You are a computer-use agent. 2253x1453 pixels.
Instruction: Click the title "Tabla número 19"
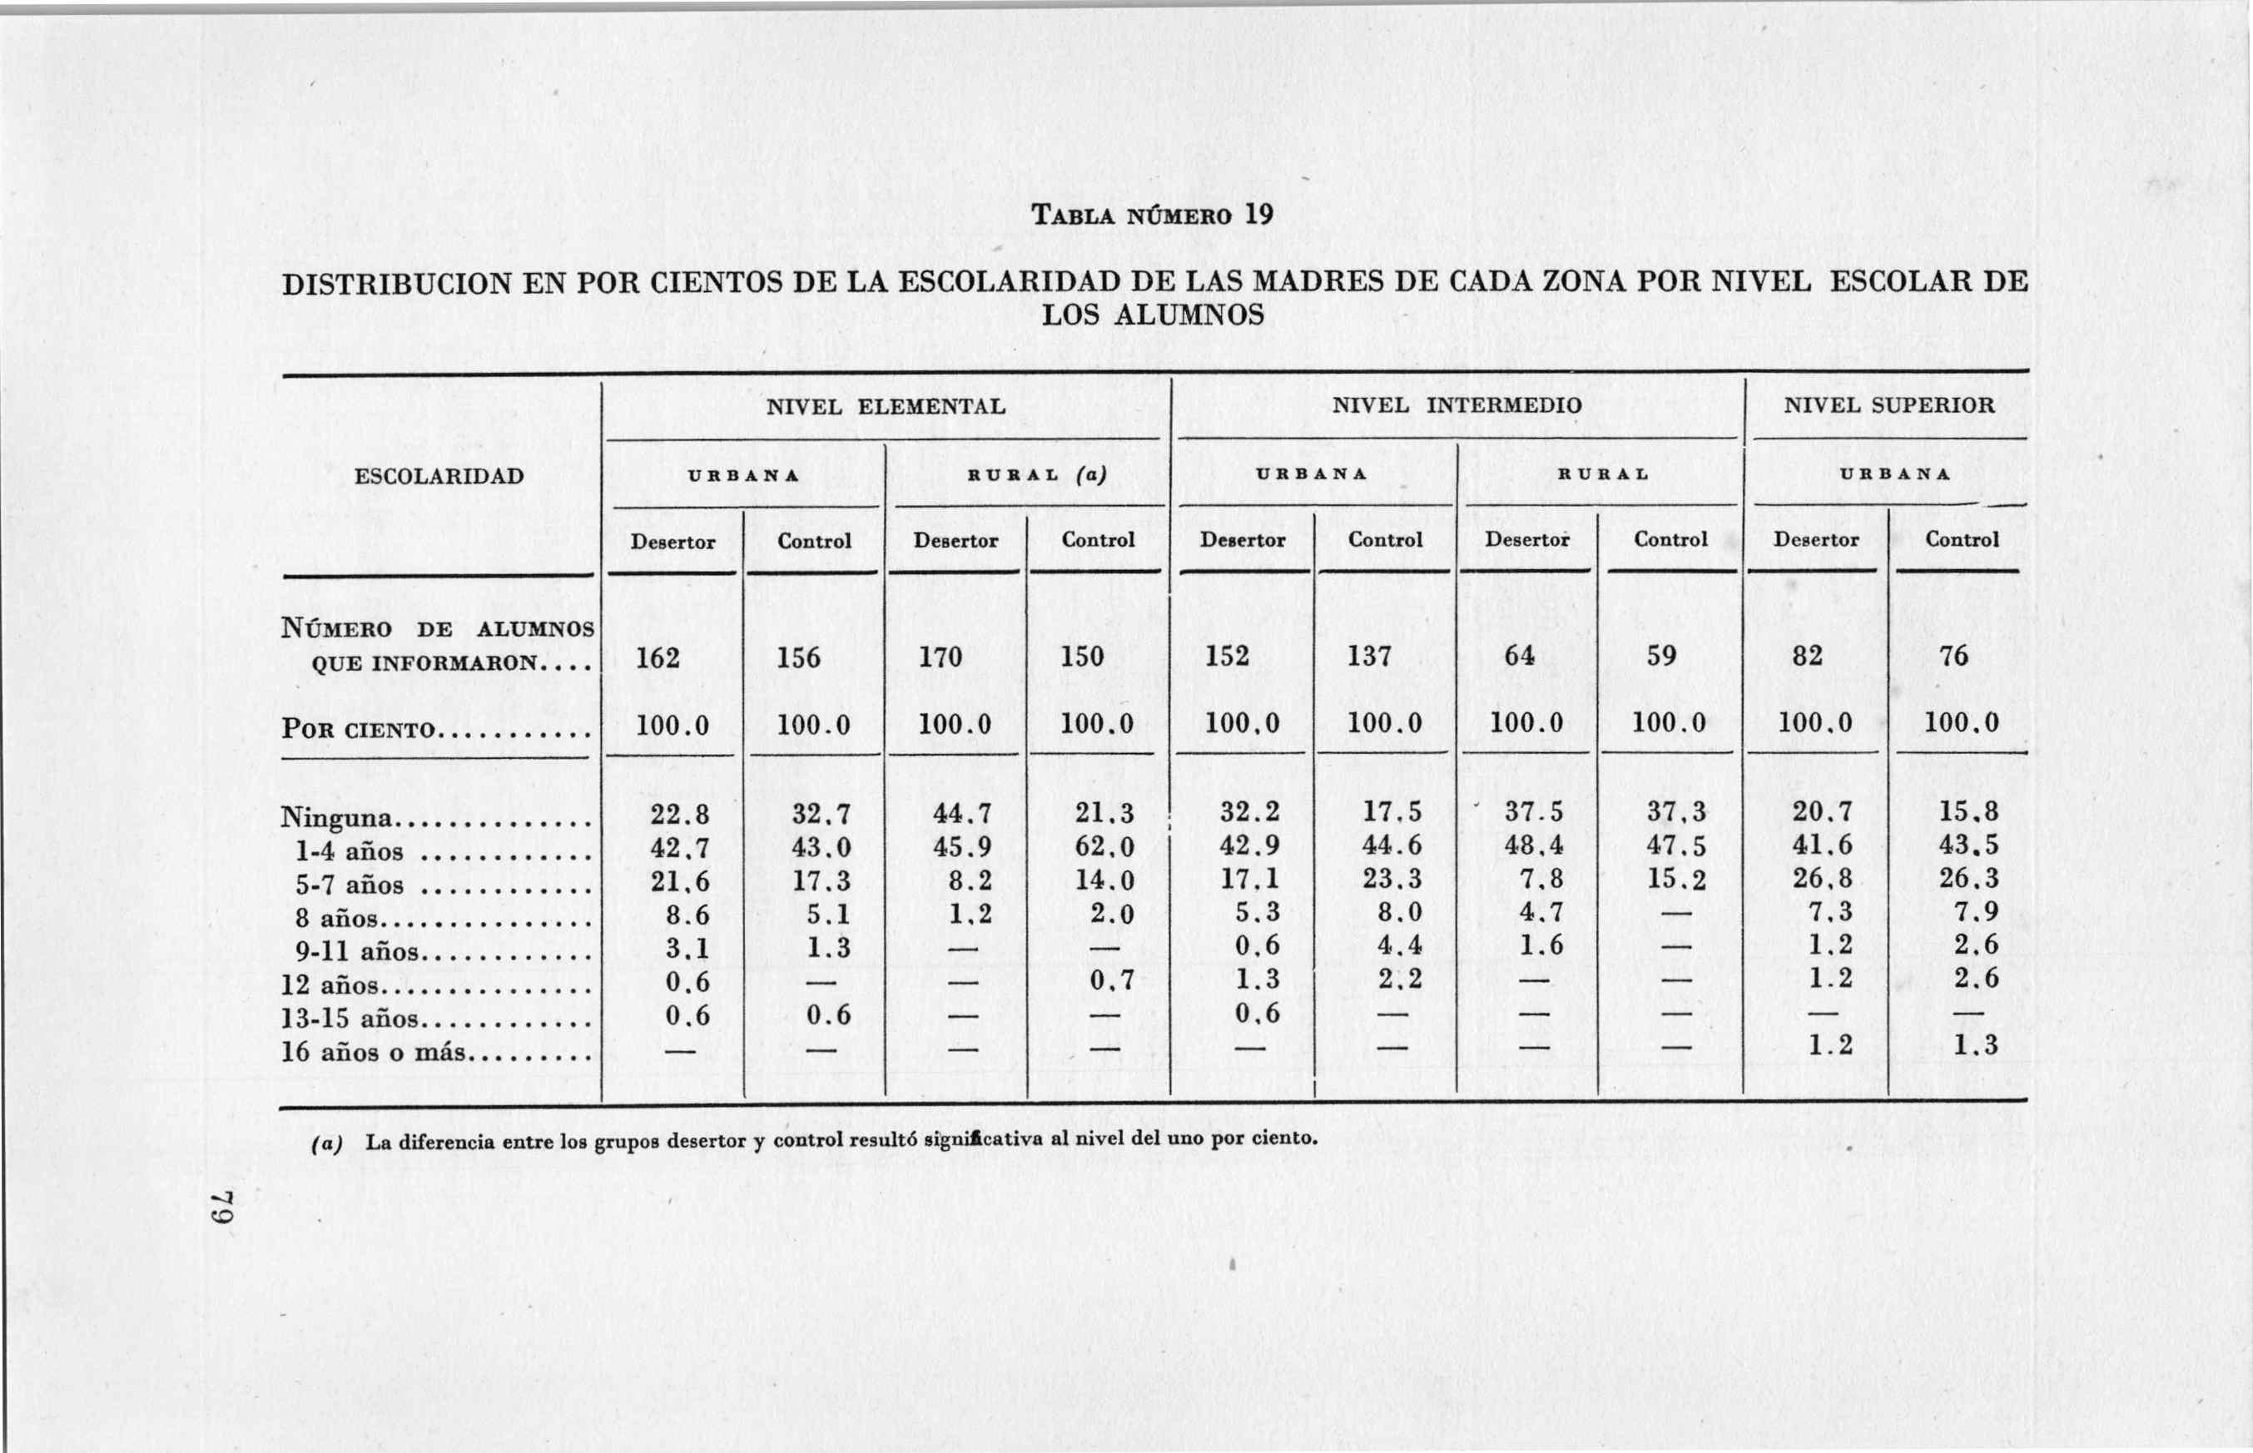point(1151,215)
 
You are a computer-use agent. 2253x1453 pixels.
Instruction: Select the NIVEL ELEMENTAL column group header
point(885,407)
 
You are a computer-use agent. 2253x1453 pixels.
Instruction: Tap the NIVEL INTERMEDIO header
point(1457,406)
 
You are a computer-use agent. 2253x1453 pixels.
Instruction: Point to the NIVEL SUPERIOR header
point(1888,406)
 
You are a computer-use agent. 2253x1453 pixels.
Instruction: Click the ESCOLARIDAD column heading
point(439,475)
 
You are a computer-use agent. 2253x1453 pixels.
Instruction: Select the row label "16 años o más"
point(374,1051)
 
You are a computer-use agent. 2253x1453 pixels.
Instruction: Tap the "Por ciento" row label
point(359,729)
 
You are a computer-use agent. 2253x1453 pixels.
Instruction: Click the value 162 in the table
point(658,657)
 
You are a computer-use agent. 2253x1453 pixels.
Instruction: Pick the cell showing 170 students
point(940,657)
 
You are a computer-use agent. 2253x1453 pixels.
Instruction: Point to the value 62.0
point(1104,846)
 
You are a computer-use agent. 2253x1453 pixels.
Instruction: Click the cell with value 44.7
point(962,813)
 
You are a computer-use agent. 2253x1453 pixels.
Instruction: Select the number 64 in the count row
point(1519,656)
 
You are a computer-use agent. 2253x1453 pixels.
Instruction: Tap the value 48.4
point(1534,846)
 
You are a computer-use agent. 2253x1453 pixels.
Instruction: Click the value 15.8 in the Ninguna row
point(1968,812)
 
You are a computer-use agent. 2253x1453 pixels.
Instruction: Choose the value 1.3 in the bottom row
point(1976,1044)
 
